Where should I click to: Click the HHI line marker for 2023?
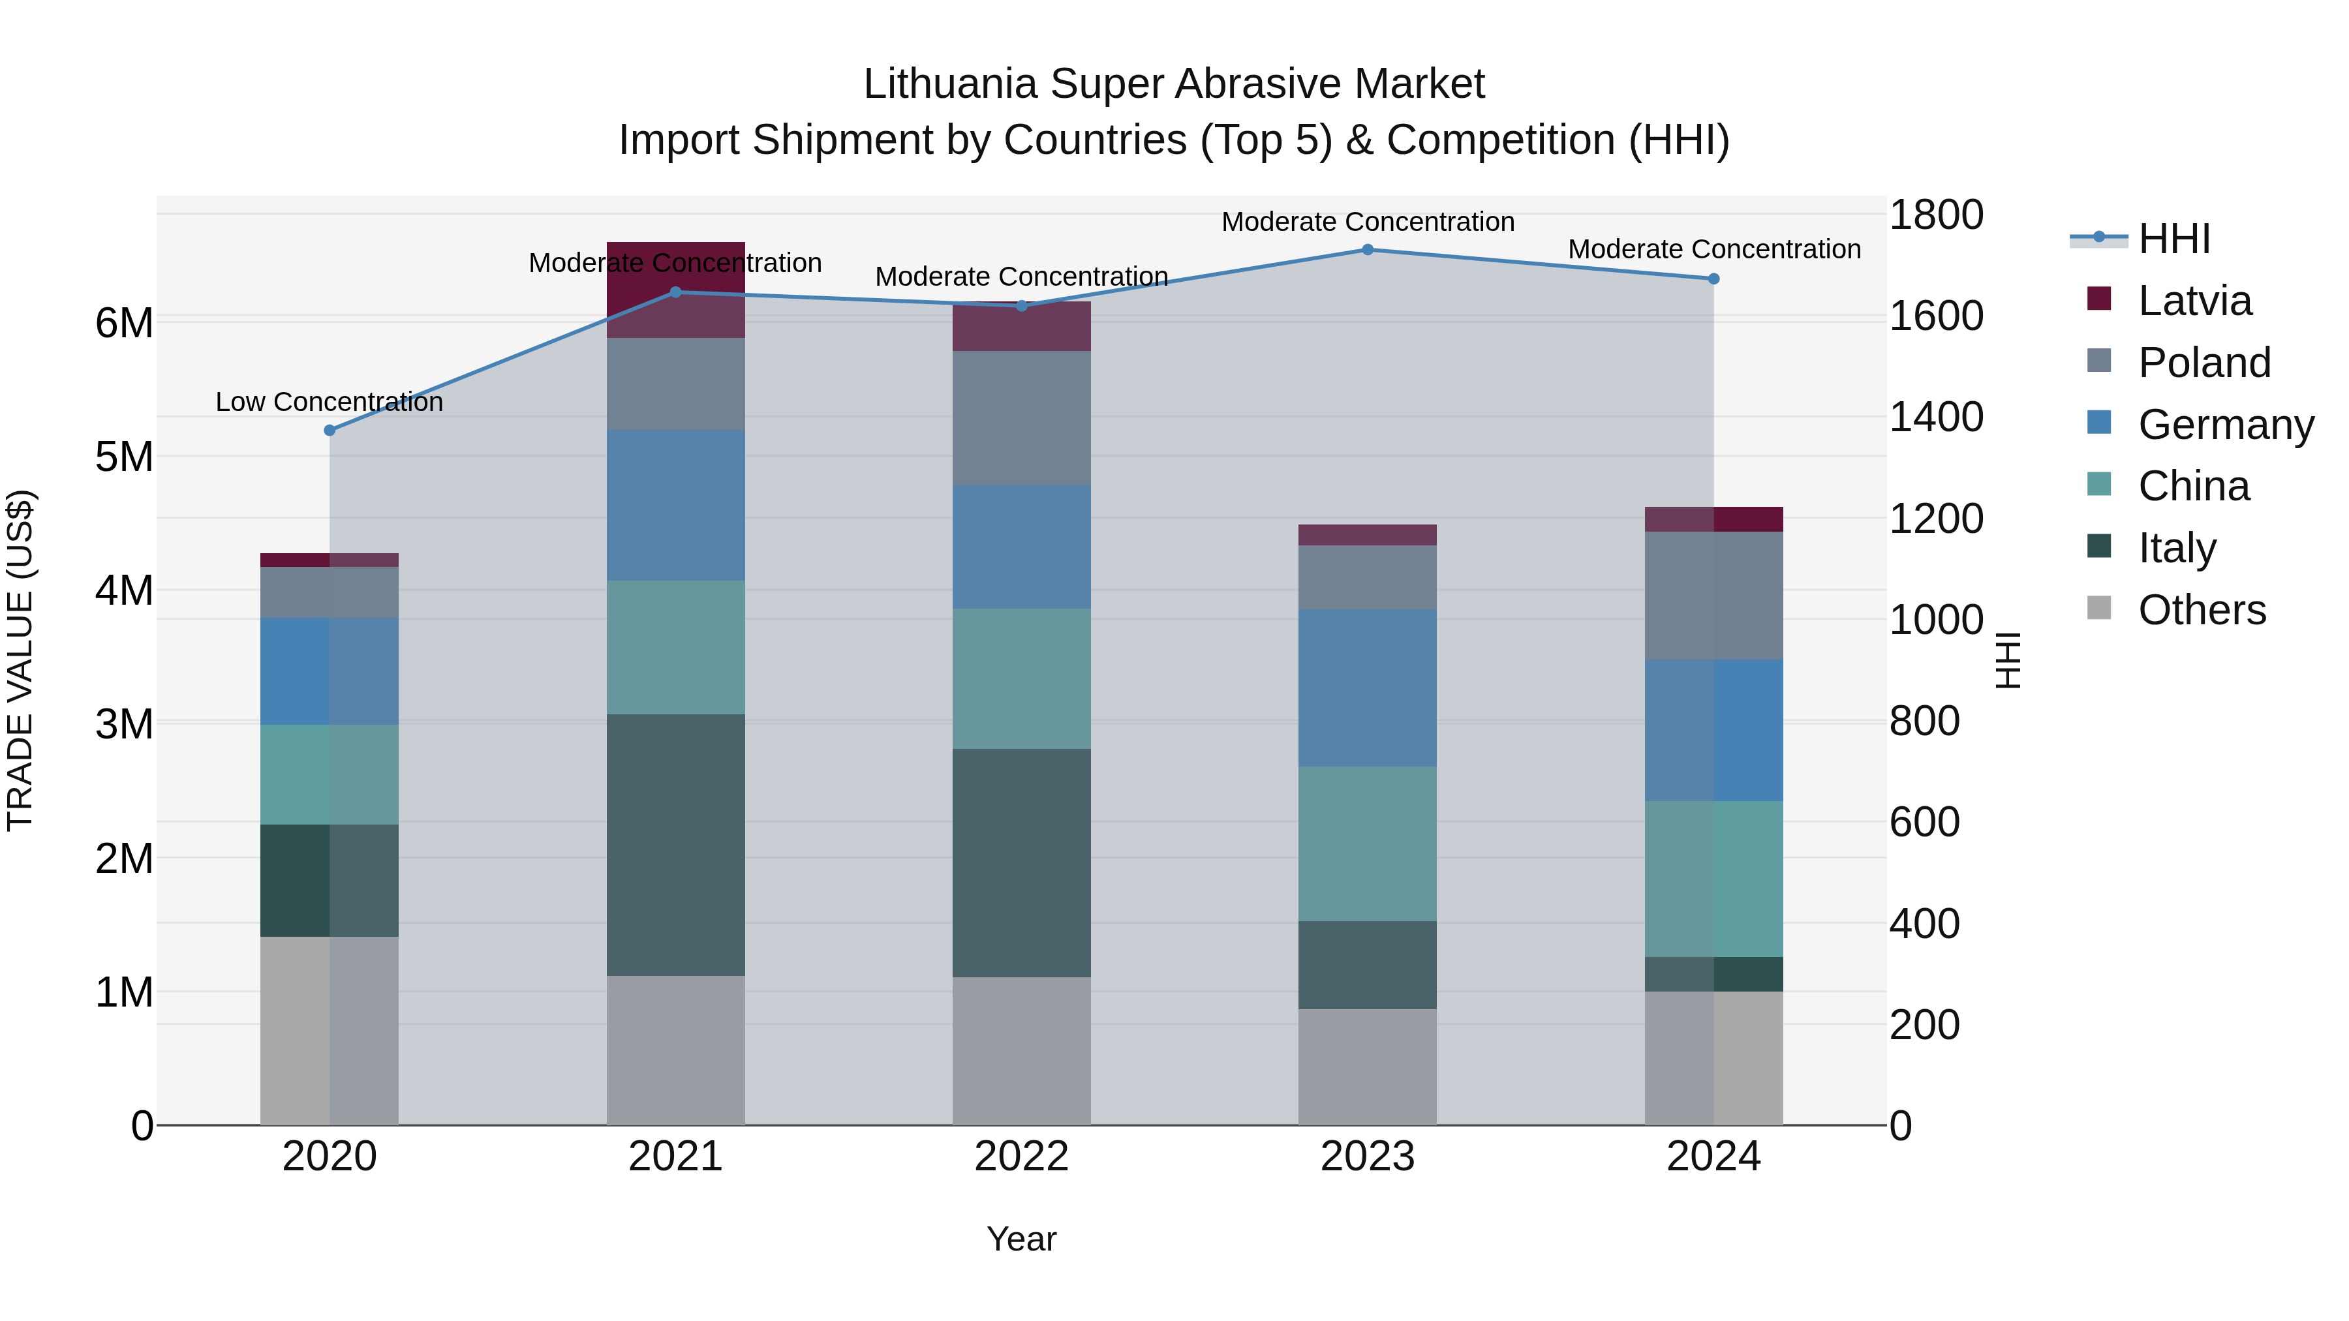click(1367, 249)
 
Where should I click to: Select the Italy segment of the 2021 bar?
click(676, 844)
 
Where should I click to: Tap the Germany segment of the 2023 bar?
click(1367, 688)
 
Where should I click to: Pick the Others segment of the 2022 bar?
click(1021, 1050)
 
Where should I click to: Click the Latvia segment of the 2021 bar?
click(676, 289)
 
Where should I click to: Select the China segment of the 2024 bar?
click(1713, 878)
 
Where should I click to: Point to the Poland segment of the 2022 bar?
click(1021, 418)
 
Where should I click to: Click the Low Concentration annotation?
click(330, 401)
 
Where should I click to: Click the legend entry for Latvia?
click(2194, 301)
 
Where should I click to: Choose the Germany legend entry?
click(2225, 425)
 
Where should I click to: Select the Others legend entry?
click(2202, 610)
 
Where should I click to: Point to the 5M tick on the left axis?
click(125, 457)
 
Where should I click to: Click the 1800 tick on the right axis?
click(1935, 215)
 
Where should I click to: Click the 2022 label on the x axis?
click(1021, 1156)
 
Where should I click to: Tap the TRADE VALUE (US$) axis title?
click(20, 660)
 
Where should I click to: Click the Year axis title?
click(1021, 1239)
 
